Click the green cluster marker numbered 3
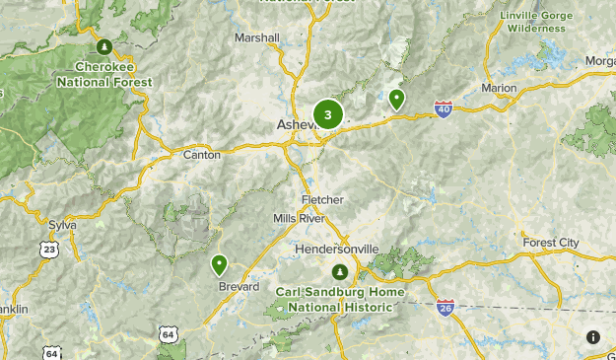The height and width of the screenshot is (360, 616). tap(327, 114)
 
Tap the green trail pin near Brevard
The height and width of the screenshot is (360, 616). tap(219, 264)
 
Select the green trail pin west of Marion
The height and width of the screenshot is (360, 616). tap(396, 98)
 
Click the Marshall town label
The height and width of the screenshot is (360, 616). tap(257, 38)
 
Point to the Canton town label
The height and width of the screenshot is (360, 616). tap(202, 155)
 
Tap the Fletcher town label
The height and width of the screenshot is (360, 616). tap(322, 200)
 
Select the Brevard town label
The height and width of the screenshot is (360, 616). tap(240, 287)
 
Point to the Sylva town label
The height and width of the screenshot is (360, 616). tap(62, 225)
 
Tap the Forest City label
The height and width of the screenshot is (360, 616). tap(552, 243)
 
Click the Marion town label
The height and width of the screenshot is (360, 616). tap(499, 89)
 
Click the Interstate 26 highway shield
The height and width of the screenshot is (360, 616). tap(445, 307)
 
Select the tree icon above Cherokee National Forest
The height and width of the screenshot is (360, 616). tap(104, 45)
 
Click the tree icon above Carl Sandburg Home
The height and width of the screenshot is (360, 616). tap(339, 271)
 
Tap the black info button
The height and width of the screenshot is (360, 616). tap(592, 336)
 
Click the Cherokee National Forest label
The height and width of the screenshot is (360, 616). tap(104, 74)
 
